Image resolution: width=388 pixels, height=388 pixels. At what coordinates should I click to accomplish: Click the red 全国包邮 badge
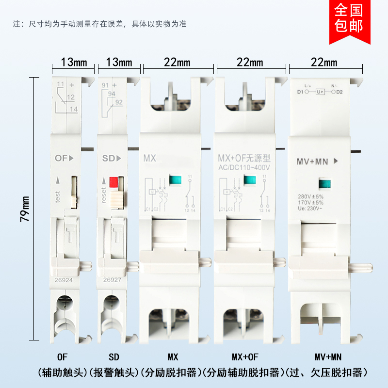tap(349, 19)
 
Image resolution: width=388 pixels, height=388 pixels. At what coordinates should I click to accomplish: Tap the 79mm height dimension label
tap(25, 209)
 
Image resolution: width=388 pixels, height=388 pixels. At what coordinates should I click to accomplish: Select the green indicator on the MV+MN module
tap(324, 184)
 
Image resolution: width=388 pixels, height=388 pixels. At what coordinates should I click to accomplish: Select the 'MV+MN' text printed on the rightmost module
tap(313, 162)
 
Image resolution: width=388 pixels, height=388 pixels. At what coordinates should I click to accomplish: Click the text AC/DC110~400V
tap(243, 167)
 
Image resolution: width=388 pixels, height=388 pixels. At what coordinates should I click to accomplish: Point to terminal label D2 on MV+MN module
tap(339, 91)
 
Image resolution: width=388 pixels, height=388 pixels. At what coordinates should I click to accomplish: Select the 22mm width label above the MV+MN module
tap(324, 62)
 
